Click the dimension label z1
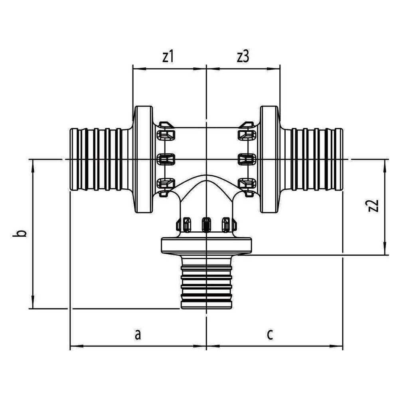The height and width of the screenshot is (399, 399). (168, 57)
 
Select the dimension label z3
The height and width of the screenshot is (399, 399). (243, 57)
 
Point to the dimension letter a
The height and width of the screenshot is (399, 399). (138, 334)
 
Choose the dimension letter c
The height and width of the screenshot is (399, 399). (270, 334)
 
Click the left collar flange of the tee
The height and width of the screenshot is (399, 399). (143, 159)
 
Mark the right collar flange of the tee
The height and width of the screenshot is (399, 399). (270, 159)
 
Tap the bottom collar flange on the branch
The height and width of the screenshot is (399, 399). (206, 245)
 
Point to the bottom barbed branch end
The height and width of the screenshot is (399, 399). (206, 282)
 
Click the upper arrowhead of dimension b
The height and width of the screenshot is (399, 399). (33, 166)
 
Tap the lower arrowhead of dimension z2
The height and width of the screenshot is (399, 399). (385, 249)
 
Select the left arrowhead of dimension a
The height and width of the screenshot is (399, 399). (76, 346)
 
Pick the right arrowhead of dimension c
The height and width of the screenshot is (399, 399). (336, 346)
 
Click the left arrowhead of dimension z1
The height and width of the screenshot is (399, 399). (139, 69)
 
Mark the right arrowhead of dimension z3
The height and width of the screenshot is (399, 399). (274, 69)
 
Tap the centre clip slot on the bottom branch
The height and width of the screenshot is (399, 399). (206, 224)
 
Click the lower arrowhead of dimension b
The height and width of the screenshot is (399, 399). (33, 302)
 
